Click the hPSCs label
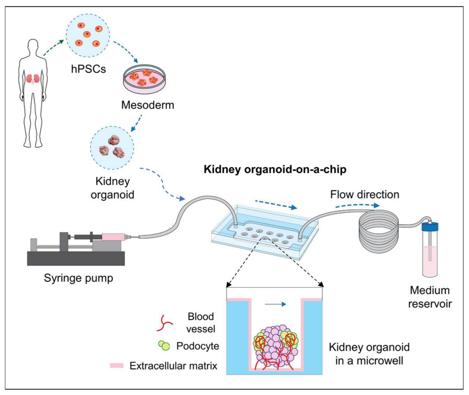click(x=88, y=69)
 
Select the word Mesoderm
click(x=148, y=105)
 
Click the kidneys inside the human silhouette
click(x=33, y=79)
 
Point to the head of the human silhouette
click(x=33, y=46)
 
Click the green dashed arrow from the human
click(x=53, y=48)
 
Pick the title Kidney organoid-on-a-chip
click(x=275, y=169)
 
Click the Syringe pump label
click(x=78, y=278)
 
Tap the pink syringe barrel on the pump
click(x=113, y=237)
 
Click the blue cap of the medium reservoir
click(x=430, y=226)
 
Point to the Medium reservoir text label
click(x=430, y=297)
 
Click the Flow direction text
click(x=365, y=194)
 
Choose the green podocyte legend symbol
click(x=164, y=346)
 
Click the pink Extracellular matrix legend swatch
click(x=116, y=366)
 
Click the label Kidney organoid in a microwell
click(x=369, y=354)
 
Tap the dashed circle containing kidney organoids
click(x=112, y=148)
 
